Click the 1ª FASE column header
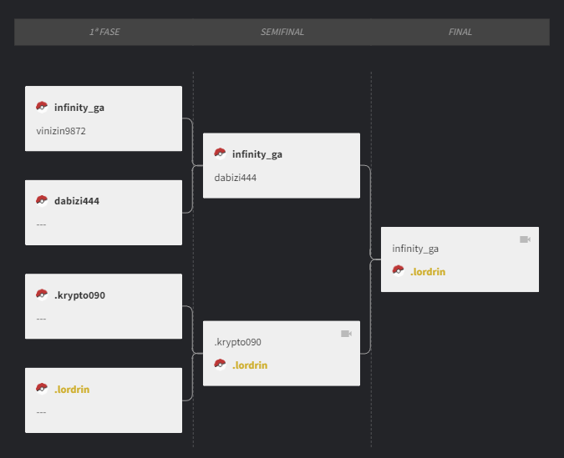(x=104, y=32)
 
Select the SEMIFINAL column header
(x=282, y=32)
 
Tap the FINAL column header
(x=460, y=32)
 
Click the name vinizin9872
(x=61, y=131)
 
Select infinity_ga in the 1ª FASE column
(x=79, y=108)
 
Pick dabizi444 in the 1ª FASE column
(x=77, y=201)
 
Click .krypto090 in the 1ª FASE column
(x=79, y=295)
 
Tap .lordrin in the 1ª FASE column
(x=72, y=390)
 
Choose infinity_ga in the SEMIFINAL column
(x=257, y=154)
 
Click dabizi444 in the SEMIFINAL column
(x=236, y=178)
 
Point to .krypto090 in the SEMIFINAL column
(x=237, y=342)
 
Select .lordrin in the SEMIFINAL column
(x=250, y=365)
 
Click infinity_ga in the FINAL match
(x=415, y=249)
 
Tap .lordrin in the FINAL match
(x=428, y=272)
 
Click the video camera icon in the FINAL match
(x=526, y=239)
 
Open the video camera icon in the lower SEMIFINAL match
(x=347, y=334)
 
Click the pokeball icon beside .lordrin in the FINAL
(x=399, y=270)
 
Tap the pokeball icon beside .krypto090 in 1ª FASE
(x=42, y=294)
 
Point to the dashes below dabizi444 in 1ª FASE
(x=41, y=224)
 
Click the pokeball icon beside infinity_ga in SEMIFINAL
(x=220, y=154)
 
